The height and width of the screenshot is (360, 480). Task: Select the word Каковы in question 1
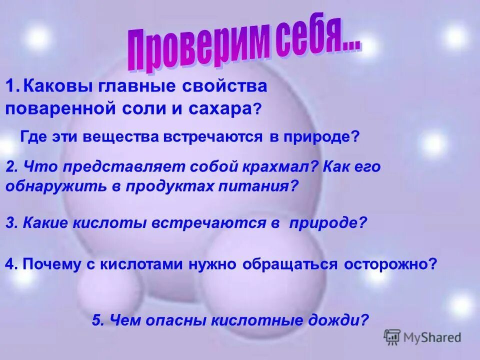click(x=55, y=86)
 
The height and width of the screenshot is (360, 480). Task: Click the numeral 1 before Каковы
click(x=10, y=86)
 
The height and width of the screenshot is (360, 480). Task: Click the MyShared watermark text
click(x=432, y=337)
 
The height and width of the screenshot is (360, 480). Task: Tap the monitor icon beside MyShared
click(x=392, y=337)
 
